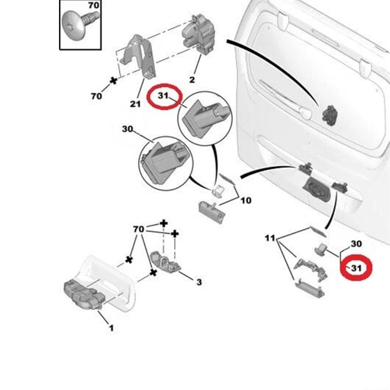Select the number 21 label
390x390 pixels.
pos(136,103)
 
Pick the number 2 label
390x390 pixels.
pos(192,79)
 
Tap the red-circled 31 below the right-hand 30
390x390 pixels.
pos(356,268)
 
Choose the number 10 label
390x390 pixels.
pos(246,200)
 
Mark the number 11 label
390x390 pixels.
pos(270,238)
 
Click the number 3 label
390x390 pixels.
pos(199,282)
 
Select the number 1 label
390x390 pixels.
pos(111,328)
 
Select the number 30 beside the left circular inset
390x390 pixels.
pos(128,129)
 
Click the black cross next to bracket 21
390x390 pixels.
pos(114,80)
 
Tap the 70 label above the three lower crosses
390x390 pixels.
pos(138,229)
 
